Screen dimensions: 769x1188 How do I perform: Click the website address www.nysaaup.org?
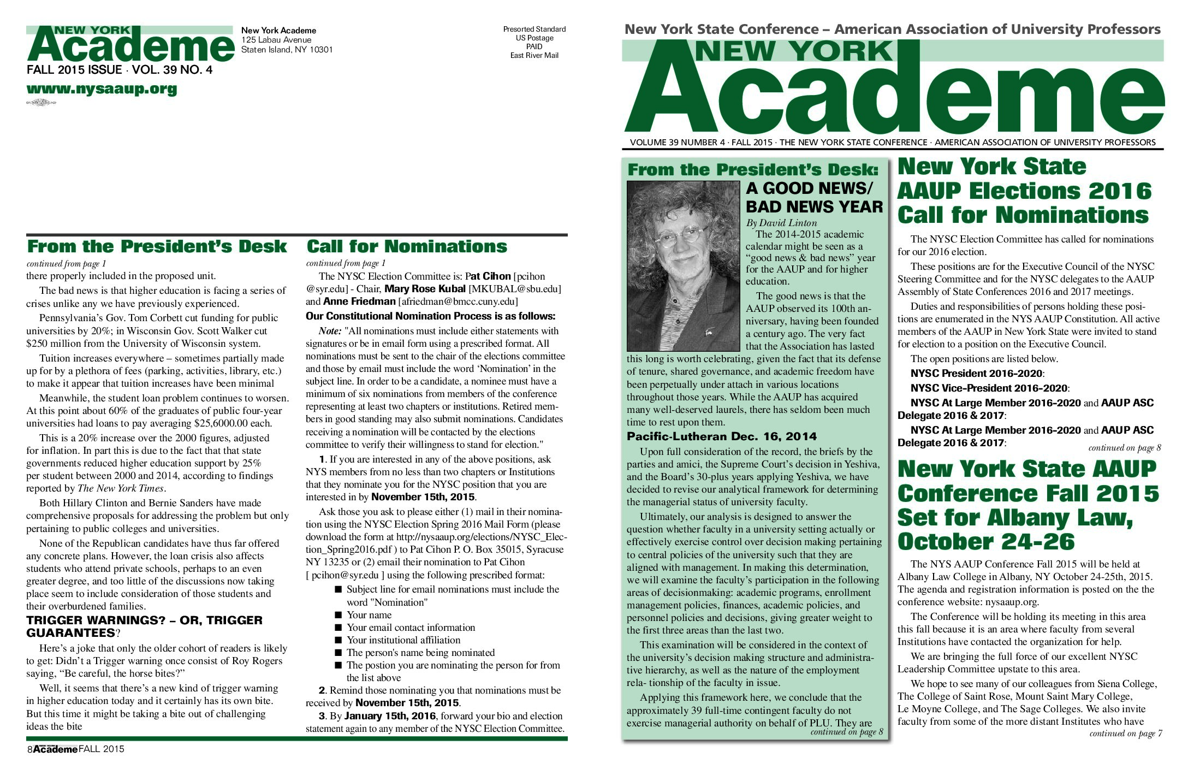102,89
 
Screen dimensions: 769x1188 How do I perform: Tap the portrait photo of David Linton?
683,266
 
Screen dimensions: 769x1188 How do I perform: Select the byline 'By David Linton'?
781,223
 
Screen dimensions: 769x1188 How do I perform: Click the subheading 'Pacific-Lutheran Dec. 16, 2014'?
721,436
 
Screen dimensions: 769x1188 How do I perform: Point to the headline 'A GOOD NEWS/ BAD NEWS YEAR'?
813,197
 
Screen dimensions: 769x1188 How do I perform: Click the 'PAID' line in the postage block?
534,46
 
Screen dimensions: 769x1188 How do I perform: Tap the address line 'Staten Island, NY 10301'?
287,50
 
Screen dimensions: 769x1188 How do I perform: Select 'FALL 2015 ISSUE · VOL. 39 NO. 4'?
119,70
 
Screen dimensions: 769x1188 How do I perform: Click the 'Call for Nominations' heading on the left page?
406,247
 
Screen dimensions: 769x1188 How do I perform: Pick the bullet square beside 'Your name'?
338,614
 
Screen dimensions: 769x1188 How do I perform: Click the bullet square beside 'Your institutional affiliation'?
338,640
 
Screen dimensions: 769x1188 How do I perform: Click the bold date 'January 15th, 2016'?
390,715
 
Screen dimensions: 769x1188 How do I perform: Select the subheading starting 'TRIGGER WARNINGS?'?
144,626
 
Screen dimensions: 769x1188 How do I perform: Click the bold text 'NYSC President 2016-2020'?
976,374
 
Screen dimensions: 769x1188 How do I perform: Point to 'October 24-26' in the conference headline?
985,542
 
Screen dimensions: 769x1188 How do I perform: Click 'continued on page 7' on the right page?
1125,733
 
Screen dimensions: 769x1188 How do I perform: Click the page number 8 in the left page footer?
29,750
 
